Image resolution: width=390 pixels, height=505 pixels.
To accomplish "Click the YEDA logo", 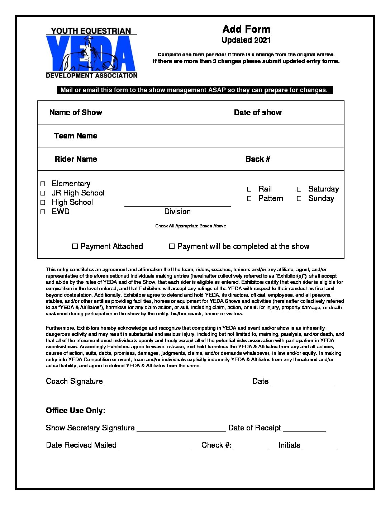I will pyautogui.click(x=91, y=53).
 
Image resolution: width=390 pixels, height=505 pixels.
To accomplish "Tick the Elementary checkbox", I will pyautogui.click(x=43, y=184).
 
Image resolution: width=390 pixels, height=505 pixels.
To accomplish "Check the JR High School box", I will pyautogui.click(x=43, y=193).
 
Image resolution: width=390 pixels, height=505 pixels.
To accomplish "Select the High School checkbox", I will pyautogui.click(x=43, y=202).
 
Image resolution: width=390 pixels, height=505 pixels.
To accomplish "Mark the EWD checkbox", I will pyautogui.click(x=43, y=212).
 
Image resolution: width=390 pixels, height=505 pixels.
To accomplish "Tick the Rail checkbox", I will pyautogui.click(x=249, y=189).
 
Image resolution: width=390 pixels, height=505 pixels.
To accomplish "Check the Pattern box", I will pyautogui.click(x=249, y=198).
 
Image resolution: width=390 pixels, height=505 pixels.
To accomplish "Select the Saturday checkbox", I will pyautogui.click(x=299, y=189).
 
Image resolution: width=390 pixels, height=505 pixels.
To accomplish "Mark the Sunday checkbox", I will pyautogui.click(x=299, y=198).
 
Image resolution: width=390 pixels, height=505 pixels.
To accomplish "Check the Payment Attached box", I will pyautogui.click(x=75, y=246).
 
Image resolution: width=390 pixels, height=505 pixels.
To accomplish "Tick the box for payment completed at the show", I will pyautogui.click(x=172, y=246).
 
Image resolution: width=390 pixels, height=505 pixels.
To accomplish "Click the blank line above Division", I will pyautogui.click(x=177, y=204).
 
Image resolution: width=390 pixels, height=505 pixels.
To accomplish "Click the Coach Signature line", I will pyautogui.click(x=172, y=382).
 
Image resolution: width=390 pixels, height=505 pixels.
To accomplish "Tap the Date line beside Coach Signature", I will pyautogui.click(x=303, y=382).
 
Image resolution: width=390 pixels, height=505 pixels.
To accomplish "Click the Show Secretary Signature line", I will pyautogui.click(x=181, y=429).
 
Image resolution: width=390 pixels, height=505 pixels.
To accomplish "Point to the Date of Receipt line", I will pyautogui.click(x=304, y=429).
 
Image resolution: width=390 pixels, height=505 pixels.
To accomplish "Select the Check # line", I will pyautogui.click(x=251, y=446).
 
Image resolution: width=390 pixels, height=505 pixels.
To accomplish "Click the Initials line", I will pyautogui.click(x=319, y=446).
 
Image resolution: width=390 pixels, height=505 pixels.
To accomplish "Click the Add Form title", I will pyautogui.click(x=246, y=29).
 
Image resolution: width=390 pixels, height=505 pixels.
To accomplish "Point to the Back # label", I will pyautogui.click(x=258, y=159).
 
